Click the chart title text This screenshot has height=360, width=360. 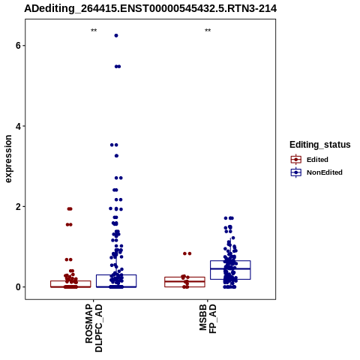pos(151,9)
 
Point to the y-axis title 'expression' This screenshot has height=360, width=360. pos(8,159)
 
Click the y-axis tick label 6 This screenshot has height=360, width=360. pos(18,46)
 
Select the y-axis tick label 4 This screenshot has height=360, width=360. pos(18,126)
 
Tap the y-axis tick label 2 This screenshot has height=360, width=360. pos(18,207)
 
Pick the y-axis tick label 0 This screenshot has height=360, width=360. pos(18,287)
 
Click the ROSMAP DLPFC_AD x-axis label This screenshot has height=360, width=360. pos(94,328)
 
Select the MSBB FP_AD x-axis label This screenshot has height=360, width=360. pos(208,319)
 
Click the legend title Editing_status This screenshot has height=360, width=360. pos(320,145)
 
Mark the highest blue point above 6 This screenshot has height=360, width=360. pos(116,36)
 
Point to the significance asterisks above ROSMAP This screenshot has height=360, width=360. pos(94,31)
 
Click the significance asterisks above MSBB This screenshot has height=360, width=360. pos(208,31)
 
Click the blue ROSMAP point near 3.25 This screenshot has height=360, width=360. pos(116,156)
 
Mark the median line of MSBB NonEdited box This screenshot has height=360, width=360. pos(230,268)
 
